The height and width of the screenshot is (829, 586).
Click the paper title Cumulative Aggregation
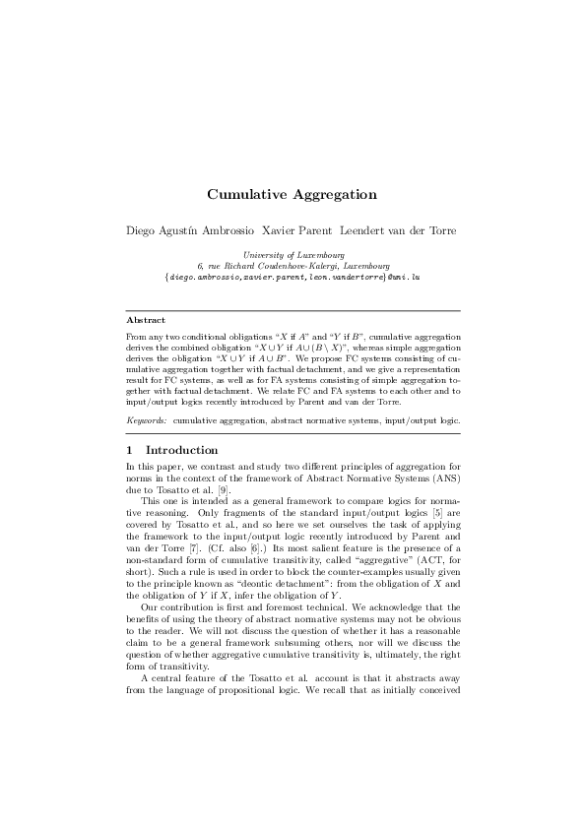pyautogui.click(x=293, y=195)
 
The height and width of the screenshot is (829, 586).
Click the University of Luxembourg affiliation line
pyautogui.click(x=293, y=255)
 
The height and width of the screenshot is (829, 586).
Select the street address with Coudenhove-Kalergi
pyautogui.click(x=293, y=266)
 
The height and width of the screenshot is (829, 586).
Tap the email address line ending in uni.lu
pyautogui.click(x=293, y=278)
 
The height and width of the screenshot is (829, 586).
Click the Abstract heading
pyautogui.click(x=146, y=320)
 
